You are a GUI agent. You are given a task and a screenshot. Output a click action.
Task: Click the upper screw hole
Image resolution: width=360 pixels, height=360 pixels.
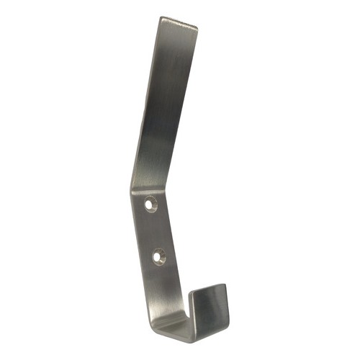pos(151,204)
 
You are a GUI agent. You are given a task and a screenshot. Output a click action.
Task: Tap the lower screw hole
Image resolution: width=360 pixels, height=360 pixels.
pos(158,254)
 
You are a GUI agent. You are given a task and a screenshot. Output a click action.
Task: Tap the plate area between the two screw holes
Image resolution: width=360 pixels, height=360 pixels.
pos(154,229)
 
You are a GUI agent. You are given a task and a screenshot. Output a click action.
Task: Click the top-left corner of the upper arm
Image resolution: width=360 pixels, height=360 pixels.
pos(162,18)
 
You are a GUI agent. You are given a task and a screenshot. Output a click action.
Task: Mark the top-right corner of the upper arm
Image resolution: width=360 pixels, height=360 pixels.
pos(197,28)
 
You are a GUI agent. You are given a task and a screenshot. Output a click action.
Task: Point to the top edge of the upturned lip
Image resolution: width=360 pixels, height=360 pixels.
pos(209,288)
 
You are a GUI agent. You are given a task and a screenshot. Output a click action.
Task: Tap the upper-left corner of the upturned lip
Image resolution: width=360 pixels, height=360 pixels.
pos(192,292)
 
